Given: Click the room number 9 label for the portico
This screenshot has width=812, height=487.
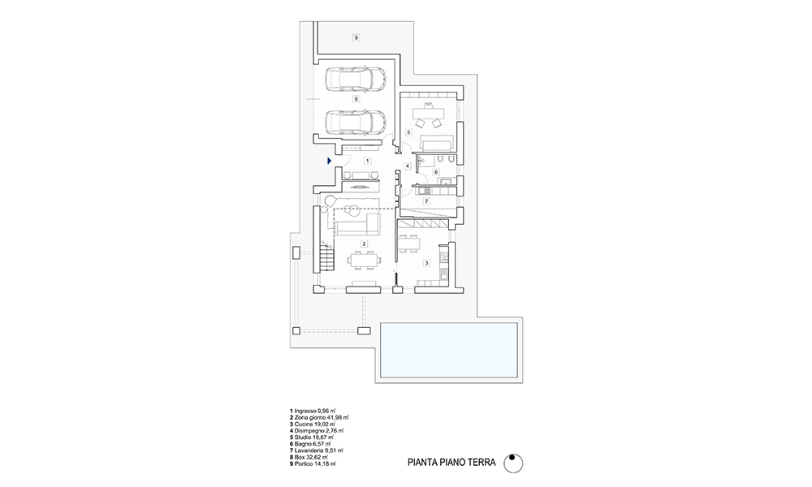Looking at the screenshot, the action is click(x=356, y=37).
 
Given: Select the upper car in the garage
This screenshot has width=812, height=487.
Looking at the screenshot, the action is click(x=356, y=80).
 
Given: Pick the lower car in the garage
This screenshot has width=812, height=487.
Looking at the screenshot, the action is click(x=356, y=122).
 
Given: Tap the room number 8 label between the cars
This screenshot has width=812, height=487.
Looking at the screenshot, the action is click(x=356, y=99).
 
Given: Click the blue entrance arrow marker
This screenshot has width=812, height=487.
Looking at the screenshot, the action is click(x=330, y=161).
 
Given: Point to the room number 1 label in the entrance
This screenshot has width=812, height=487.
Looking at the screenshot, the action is click(x=367, y=161).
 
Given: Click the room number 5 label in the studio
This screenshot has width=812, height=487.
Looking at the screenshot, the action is click(x=408, y=132).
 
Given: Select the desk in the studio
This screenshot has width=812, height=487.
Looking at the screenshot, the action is click(x=428, y=112).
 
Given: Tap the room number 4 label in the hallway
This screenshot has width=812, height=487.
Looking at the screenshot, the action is click(x=408, y=166).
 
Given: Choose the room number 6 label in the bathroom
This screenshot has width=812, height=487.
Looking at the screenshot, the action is click(x=436, y=172).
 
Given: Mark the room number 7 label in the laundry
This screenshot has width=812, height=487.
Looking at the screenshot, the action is click(x=427, y=201).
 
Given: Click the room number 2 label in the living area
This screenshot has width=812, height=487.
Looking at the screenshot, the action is click(x=364, y=243).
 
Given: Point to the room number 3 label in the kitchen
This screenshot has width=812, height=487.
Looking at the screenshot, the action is click(x=427, y=263).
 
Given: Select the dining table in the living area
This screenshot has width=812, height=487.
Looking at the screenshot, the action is click(x=364, y=260).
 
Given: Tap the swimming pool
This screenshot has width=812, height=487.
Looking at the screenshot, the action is click(x=449, y=351).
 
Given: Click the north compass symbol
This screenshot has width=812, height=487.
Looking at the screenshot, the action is click(x=513, y=463).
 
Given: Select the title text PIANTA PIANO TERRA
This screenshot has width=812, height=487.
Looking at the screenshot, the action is click(x=451, y=463).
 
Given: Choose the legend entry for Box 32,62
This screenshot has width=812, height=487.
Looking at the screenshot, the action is click(x=309, y=458).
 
